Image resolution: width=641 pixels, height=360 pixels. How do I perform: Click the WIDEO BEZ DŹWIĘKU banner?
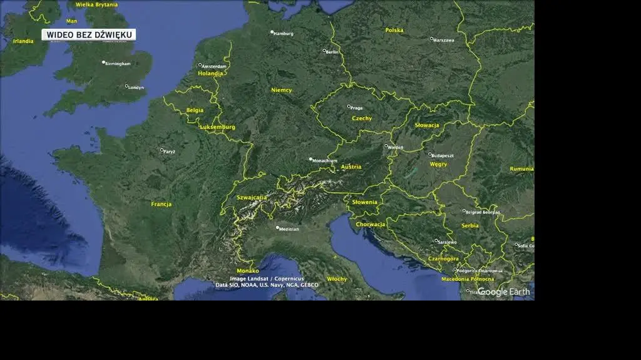89,35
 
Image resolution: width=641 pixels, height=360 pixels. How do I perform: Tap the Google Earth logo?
504,292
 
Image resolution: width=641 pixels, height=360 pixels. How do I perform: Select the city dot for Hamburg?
272,32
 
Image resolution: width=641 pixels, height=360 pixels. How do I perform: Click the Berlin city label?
332,52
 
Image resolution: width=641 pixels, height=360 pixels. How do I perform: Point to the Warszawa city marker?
431,39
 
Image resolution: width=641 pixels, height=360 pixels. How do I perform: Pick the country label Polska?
394,30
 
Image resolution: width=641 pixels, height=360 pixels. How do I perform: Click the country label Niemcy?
281,90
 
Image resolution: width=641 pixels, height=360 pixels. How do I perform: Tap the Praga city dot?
349,106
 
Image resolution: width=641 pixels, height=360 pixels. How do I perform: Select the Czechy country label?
361,118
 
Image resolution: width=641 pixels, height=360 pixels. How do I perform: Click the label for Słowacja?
427,125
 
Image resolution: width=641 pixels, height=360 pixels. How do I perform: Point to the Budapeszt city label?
443,155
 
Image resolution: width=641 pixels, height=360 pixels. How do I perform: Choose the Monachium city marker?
310,159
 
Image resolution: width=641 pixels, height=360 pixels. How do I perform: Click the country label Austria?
351,167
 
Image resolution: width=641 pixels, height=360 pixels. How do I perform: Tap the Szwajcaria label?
252,197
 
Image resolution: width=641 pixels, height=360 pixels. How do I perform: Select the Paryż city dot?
162,150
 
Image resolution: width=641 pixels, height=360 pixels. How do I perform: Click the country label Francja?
161,204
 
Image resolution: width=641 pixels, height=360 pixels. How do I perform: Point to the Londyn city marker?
126,86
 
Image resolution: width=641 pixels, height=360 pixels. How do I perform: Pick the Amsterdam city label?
214,66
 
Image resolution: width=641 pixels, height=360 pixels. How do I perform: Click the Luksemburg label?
217,127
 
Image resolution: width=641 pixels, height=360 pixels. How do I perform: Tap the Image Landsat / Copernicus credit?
267,279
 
